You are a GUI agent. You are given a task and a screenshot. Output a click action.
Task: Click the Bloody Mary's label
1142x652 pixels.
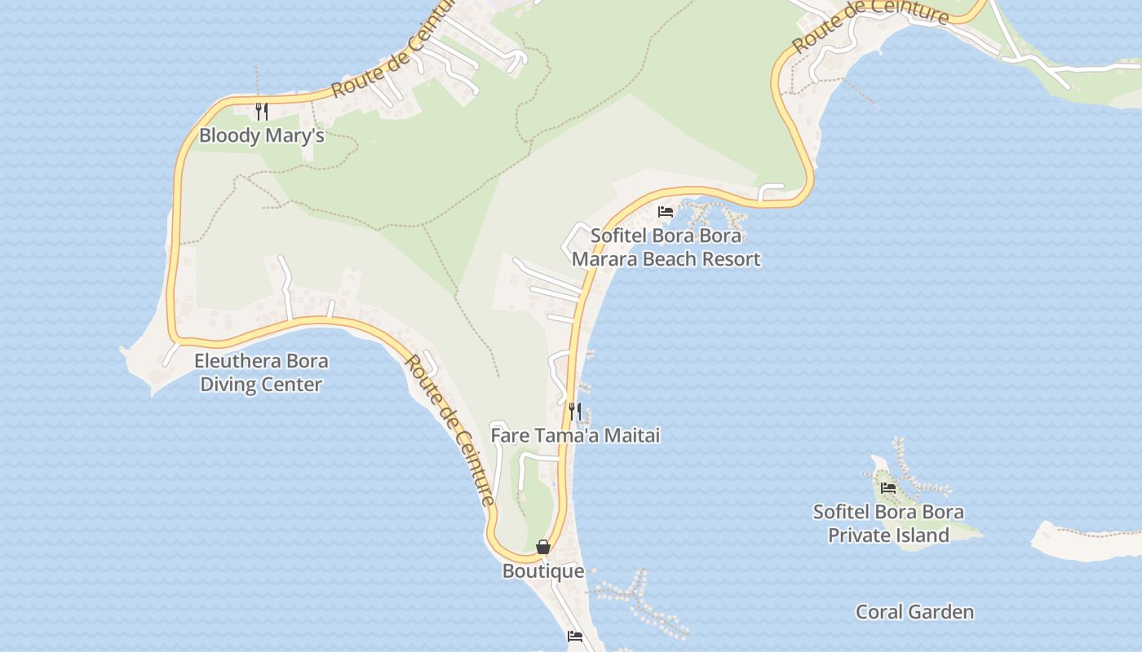pos(261,135)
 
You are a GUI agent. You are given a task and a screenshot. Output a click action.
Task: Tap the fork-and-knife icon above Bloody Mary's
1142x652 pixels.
pos(262,111)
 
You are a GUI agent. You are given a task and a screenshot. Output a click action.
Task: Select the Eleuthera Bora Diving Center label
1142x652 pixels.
pos(261,372)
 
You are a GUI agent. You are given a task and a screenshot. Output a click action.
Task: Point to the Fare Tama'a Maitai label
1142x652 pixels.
pos(575,435)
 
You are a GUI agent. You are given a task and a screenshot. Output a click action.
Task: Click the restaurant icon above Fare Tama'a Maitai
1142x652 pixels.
pos(575,411)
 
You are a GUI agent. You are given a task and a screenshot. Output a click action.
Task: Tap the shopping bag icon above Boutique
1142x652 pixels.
pos(542,547)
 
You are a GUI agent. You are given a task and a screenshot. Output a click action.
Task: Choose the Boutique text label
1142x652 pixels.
pos(543,570)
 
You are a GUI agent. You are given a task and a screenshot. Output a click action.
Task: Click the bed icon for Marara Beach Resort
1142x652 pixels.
pos(666,212)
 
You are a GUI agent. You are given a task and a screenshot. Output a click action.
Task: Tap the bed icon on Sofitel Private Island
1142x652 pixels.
pos(888,488)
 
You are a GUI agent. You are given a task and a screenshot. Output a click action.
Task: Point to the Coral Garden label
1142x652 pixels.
pos(914,611)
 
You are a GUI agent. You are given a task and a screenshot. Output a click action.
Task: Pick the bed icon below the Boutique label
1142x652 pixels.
pos(575,637)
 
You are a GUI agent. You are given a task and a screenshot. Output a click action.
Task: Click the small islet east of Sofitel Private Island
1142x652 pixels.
pos(1085,540)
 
